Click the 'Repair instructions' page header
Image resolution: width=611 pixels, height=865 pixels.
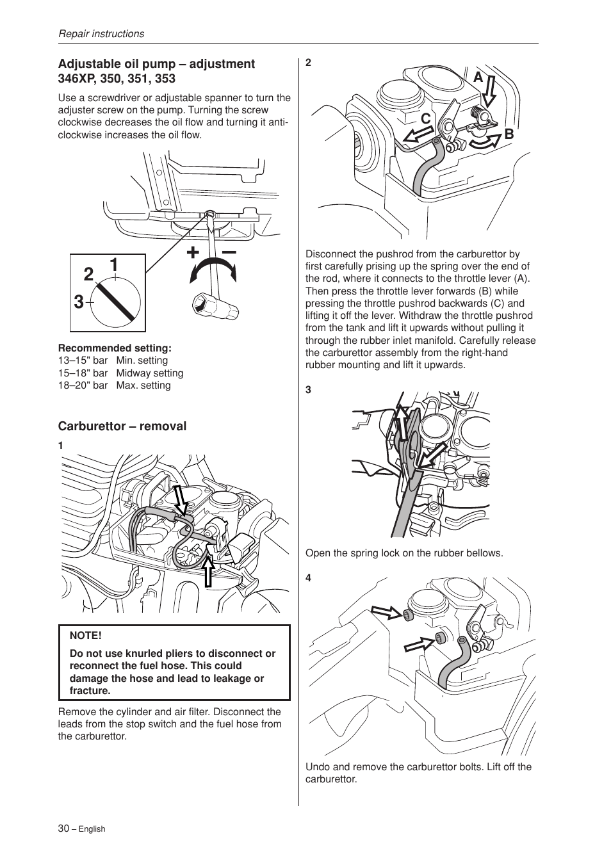click(x=101, y=34)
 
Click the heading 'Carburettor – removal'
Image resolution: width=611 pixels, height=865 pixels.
click(x=122, y=426)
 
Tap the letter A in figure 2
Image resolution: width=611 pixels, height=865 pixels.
click(x=478, y=77)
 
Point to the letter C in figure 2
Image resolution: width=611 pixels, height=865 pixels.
click(x=425, y=119)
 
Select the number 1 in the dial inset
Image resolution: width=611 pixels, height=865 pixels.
click(x=113, y=264)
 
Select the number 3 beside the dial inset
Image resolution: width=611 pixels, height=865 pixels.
click(x=78, y=302)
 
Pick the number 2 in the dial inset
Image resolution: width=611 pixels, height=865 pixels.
click(x=88, y=275)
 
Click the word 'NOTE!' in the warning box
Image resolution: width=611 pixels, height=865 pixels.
click(x=86, y=635)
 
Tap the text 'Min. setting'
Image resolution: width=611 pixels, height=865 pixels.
click(x=142, y=360)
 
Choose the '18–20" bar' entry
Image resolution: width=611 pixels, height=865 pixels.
click(x=83, y=385)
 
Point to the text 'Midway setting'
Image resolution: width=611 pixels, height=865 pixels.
click(x=149, y=373)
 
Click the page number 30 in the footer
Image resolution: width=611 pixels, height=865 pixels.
click(x=63, y=828)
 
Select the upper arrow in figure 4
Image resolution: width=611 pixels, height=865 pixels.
click(x=386, y=613)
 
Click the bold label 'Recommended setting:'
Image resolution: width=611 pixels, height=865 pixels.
click(x=115, y=348)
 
